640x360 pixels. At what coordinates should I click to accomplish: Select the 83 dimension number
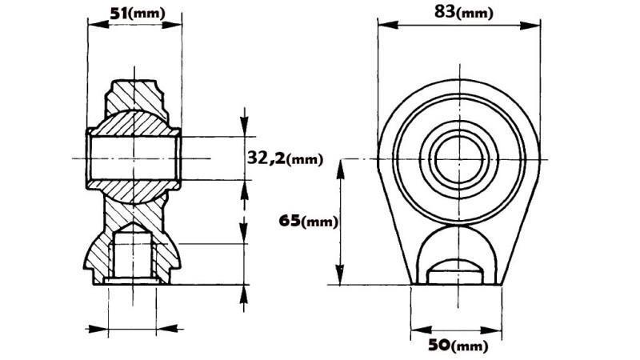tap(444, 11)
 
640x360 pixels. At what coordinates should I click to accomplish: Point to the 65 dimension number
tap(290, 220)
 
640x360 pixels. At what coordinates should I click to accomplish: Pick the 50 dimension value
tap(437, 345)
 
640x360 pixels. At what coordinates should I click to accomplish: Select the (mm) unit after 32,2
tap(304, 159)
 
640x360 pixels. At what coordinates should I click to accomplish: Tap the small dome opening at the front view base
tap(454, 268)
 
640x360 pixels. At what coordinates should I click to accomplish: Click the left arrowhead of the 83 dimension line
tap(382, 25)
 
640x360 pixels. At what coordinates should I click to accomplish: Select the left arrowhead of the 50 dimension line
tap(414, 329)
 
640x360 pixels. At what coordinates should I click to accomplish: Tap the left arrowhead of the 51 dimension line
tap(90, 24)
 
